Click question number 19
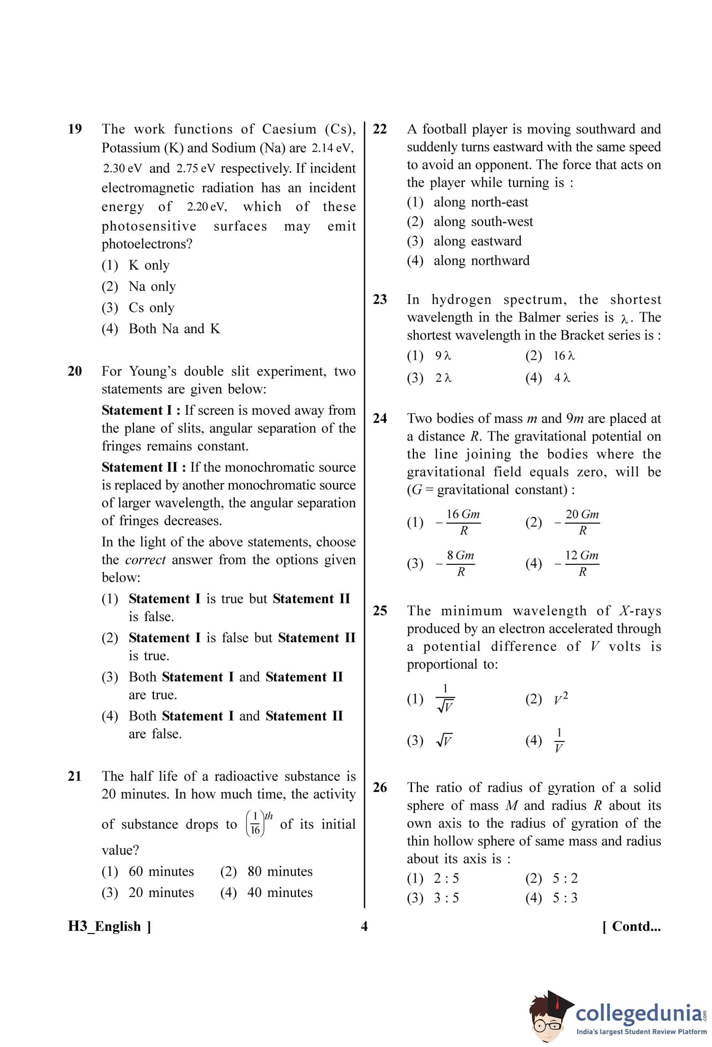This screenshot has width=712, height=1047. tap(75, 129)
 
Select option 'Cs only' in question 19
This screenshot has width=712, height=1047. tap(151, 307)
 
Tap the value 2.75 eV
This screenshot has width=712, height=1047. tap(195, 168)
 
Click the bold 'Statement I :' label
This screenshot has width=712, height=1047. tap(141, 410)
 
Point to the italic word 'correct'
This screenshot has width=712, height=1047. tap(145, 560)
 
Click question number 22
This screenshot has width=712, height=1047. tap(380, 129)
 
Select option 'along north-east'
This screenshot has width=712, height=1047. tap(480, 202)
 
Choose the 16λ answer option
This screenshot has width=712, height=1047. tap(564, 356)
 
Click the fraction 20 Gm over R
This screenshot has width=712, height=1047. tap(582, 522)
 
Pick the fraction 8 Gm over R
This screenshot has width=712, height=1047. tap(460, 563)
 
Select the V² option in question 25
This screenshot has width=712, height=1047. tap(561, 698)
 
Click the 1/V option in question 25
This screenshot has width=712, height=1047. tap(558, 740)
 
